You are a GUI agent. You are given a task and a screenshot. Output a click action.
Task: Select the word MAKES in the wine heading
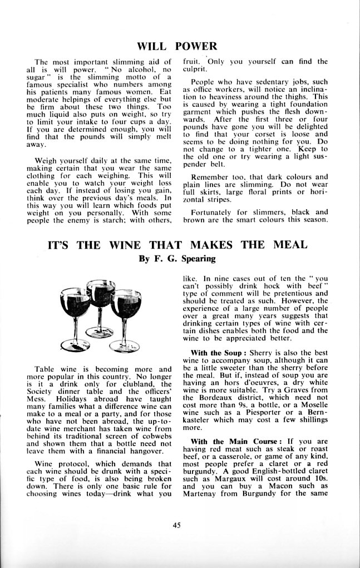click(x=213, y=245)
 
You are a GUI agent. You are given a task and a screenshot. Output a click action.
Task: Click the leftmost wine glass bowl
click(x=74, y=303)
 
